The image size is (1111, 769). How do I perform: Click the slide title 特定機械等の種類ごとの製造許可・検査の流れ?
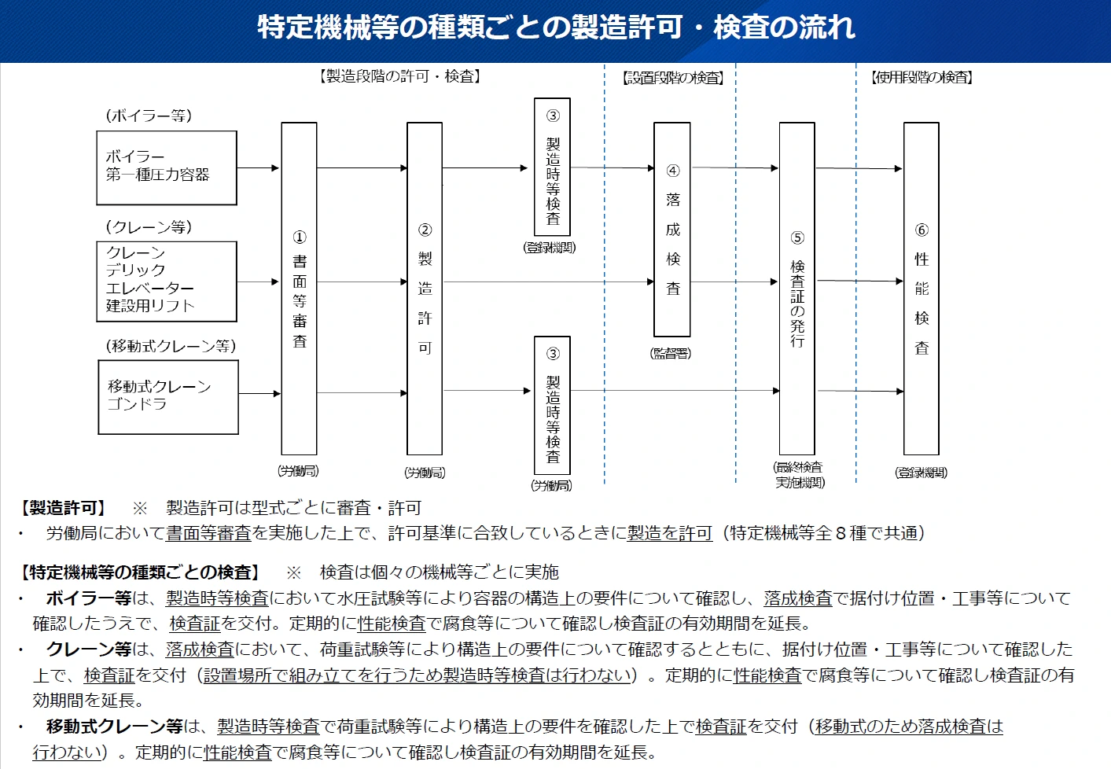coord(555,28)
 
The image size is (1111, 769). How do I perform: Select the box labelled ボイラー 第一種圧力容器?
coord(167,167)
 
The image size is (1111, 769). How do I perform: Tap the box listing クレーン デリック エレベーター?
coord(167,281)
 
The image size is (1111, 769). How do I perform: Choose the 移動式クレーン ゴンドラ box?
coord(168,396)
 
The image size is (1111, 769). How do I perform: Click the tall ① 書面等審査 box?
coord(299,289)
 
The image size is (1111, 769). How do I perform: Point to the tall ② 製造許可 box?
coord(425,289)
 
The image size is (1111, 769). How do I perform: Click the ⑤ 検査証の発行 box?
coord(796,289)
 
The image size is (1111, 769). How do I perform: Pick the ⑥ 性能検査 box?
coord(922,289)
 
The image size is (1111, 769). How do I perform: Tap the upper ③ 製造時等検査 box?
coord(552,167)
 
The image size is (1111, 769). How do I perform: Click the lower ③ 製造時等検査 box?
coord(552,405)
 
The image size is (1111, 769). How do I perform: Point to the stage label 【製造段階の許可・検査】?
coord(400,76)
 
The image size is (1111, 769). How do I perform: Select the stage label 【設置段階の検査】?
coord(672,78)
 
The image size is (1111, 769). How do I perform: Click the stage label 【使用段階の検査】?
coord(922,78)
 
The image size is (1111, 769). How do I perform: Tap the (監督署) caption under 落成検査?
coord(671,354)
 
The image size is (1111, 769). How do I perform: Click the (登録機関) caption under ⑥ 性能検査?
coord(921,473)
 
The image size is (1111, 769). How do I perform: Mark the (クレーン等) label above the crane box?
coord(149,227)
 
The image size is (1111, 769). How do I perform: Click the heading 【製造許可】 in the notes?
coord(64,508)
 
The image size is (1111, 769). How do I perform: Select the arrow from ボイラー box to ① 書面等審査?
coord(259,167)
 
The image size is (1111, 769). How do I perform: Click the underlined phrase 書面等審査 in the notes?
coord(208,533)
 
